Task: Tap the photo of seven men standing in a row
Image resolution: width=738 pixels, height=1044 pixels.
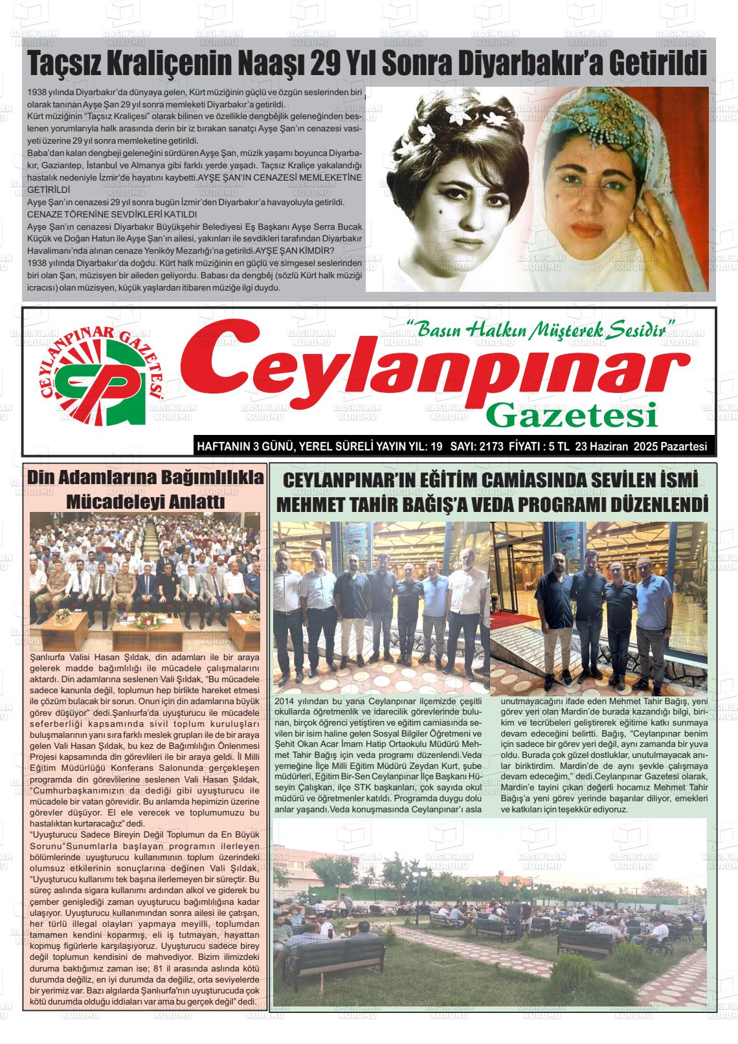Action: pos(380,606)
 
